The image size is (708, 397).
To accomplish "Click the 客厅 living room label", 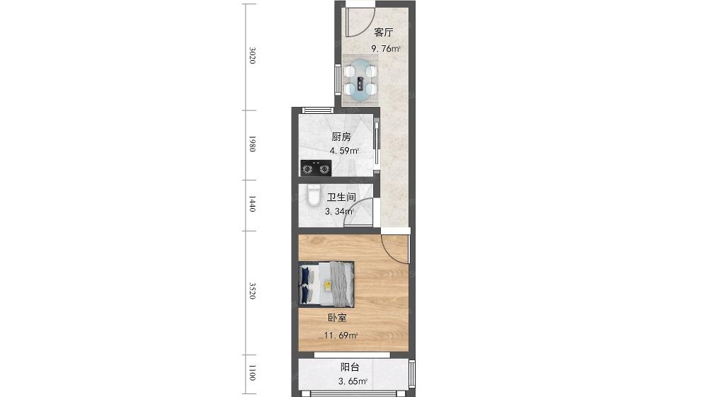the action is coord(383,33).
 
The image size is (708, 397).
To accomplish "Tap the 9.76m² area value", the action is coord(386,49).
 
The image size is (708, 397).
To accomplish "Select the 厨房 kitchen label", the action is coord(341,137).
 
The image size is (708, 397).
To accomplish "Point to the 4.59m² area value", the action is coord(344,151).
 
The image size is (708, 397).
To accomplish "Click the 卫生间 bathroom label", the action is coord(341,197).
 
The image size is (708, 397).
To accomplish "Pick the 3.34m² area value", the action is coord(340,211).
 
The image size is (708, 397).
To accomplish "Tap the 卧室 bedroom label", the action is coord(337,318).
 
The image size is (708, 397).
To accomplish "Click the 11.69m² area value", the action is coord(341,335).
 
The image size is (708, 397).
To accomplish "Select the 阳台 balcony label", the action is coord(350,367).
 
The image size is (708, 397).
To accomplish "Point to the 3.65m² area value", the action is coord(353,381).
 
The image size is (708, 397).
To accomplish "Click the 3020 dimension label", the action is coord(253,55).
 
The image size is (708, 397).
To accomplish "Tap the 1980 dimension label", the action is coord(253,144).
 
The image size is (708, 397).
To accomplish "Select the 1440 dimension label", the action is coord(253,204).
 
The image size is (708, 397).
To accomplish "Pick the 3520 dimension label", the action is coord(253,291).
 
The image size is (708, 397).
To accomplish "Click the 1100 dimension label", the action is coord(253,373).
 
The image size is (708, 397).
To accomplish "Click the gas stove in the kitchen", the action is coord(316,168).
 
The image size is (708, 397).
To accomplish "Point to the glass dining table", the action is coord(360,80).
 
